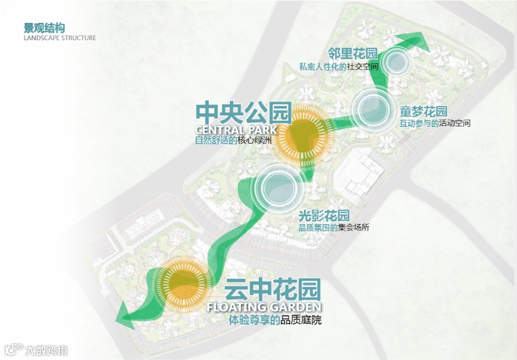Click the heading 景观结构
pos(44,28)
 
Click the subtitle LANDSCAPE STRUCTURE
pos(60,38)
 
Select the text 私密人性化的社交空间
pos(338,67)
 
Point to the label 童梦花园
pos(423,111)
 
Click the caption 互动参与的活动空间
pos(435,123)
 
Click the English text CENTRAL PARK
pos(236,129)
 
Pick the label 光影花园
pos(324,216)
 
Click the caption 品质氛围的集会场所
pos(334,227)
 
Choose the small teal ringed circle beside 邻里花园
pos(396,61)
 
